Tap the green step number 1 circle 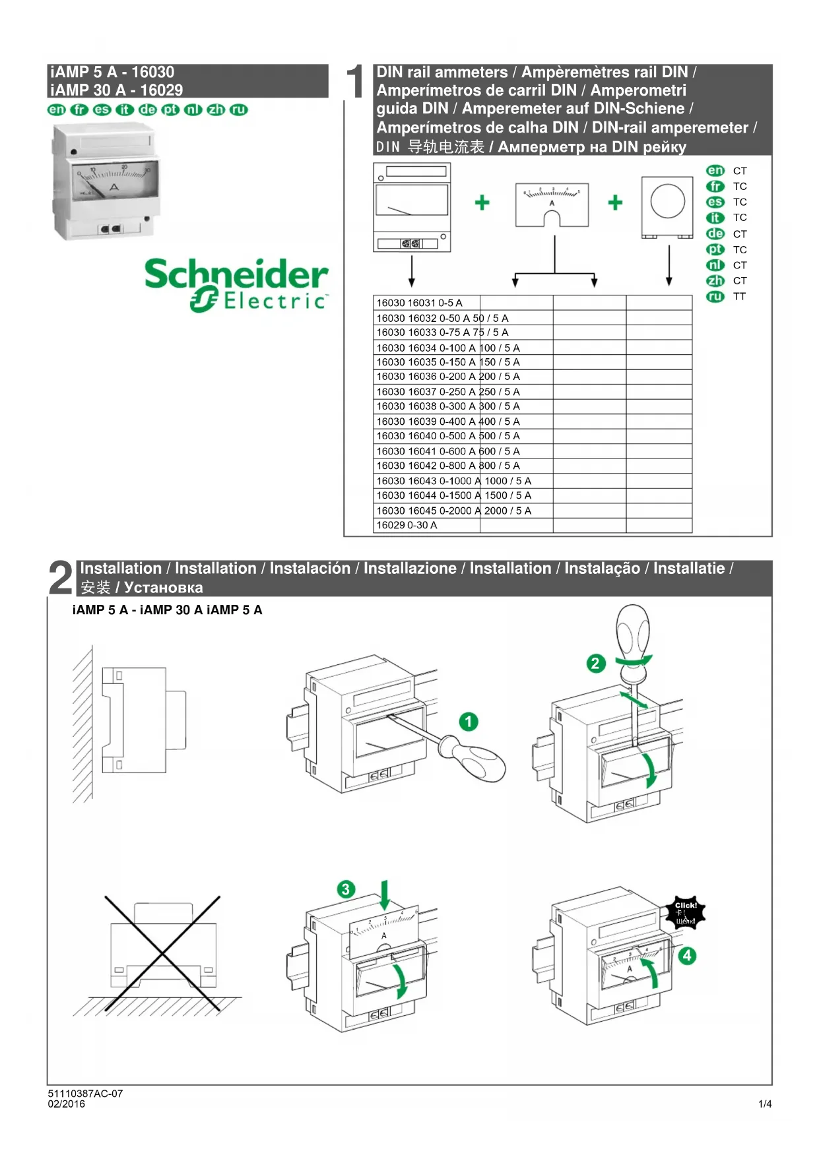(469, 722)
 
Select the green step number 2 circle (595, 663)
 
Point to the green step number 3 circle (345, 889)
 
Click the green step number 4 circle (687, 955)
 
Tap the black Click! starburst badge (685, 913)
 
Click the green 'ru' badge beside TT (715, 297)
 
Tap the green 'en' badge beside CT (715, 171)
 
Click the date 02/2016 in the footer (66, 1104)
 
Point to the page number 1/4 (765, 1104)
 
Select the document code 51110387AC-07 (85, 1094)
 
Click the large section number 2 (61, 578)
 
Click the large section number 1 (355, 82)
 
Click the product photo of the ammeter (106, 183)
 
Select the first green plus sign (482, 203)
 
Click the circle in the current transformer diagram (667, 201)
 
